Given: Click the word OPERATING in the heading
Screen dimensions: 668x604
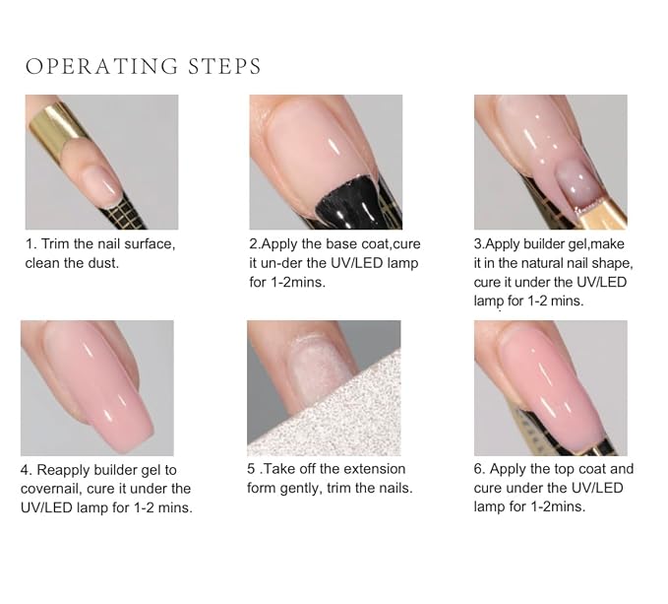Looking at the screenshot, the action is point(101,67).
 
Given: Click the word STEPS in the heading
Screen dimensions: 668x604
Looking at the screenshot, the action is point(224,67).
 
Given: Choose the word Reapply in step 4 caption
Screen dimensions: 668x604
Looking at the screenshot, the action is point(64,470).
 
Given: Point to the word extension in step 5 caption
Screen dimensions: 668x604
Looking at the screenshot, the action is point(375,469).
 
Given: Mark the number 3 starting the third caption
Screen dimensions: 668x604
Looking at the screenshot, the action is point(477,244).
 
